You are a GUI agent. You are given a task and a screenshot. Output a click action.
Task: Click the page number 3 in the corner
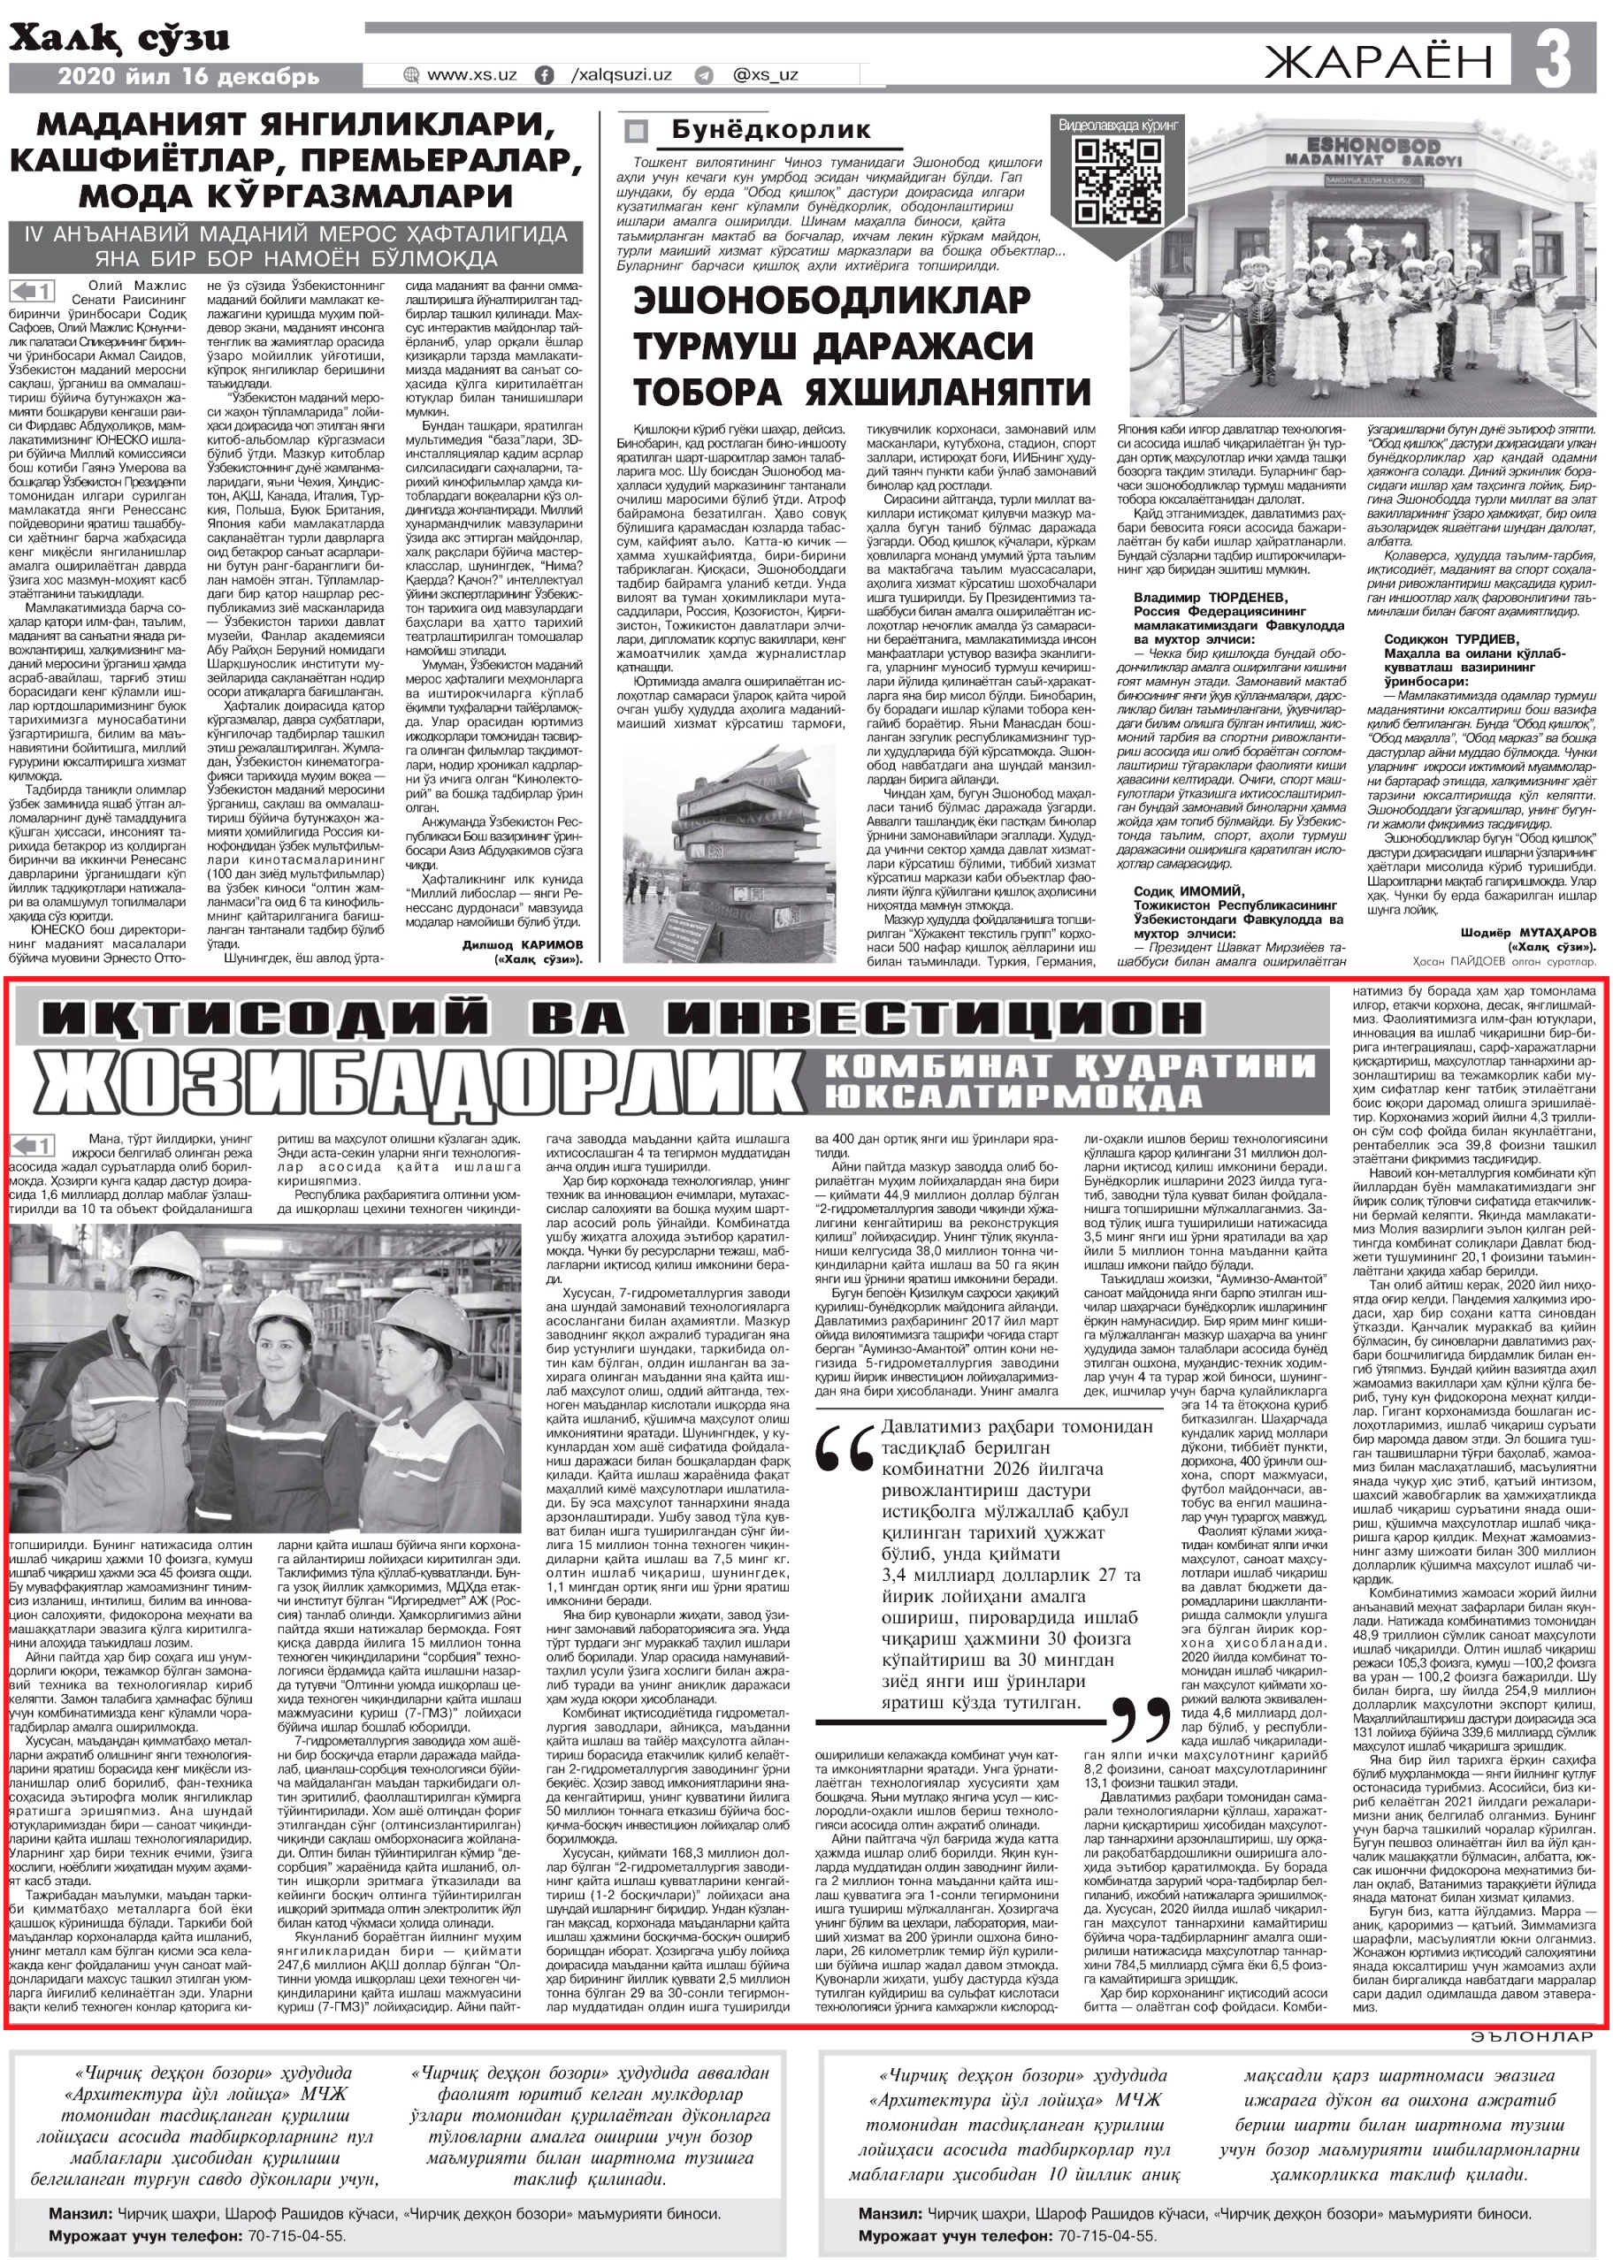pyautogui.click(x=1552, y=58)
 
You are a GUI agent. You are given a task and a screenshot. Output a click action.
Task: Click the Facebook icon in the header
pyautogui.click(x=544, y=74)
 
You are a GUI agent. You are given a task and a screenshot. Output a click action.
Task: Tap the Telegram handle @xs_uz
pyautogui.click(x=764, y=74)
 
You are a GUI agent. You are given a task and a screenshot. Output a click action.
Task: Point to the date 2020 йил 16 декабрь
pyautogui.click(x=188, y=76)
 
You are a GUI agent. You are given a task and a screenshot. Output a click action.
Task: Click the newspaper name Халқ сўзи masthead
pyautogui.click(x=119, y=40)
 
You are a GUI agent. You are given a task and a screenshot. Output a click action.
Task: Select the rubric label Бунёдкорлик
pyautogui.click(x=771, y=129)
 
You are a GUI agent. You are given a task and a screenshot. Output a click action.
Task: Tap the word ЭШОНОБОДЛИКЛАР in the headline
pyautogui.click(x=818, y=300)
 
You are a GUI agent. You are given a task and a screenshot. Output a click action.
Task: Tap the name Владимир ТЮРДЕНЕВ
pyautogui.click(x=1210, y=598)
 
